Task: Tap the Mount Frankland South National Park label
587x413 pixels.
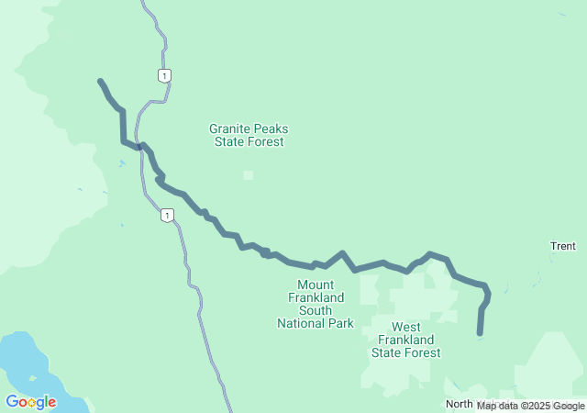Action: [315, 304]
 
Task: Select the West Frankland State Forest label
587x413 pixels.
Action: [405, 340]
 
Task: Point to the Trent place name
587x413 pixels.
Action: [562, 246]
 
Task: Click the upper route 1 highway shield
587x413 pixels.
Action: [162, 75]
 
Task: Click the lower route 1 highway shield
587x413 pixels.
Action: [166, 215]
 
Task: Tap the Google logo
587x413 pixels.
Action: [30, 402]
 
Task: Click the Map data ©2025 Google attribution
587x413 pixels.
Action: [530, 406]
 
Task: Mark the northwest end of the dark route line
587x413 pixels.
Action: [100, 82]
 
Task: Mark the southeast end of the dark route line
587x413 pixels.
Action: [480, 333]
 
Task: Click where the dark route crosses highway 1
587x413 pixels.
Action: [139, 146]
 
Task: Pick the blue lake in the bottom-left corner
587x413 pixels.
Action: [23, 363]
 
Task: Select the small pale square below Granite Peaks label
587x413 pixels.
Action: [248, 174]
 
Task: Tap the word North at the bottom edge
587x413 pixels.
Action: [460, 405]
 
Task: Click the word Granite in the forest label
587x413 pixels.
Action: [230, 129]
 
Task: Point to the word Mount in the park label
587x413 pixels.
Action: [315, 285]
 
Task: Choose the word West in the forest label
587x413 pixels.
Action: [405, 327]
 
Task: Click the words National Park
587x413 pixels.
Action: [315, 323]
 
